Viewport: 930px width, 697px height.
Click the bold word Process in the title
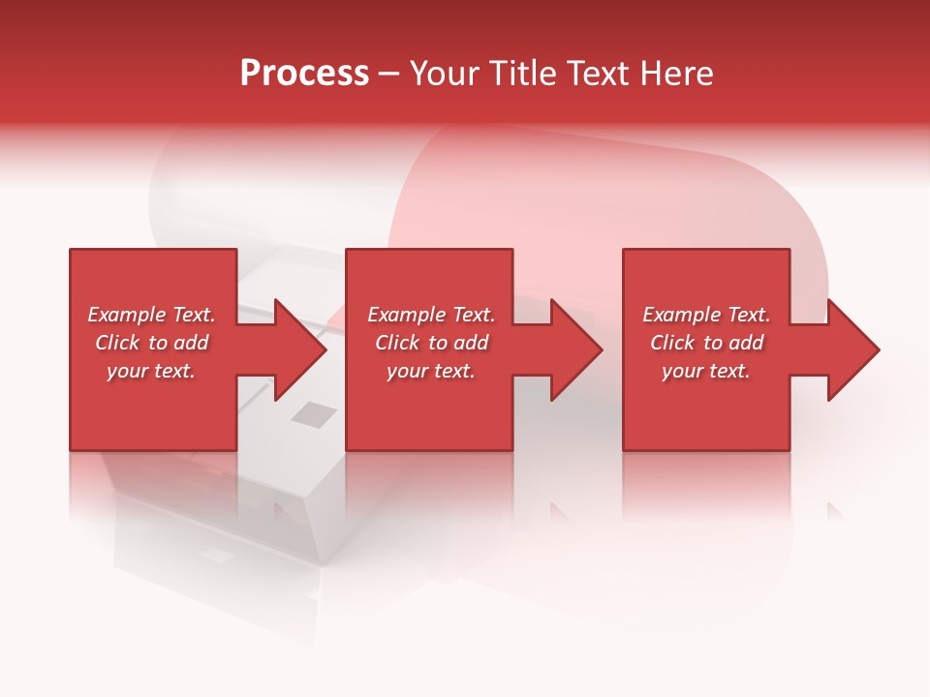point(304,74)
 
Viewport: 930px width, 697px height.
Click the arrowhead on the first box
point(298,349)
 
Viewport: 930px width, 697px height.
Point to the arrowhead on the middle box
point(575,349)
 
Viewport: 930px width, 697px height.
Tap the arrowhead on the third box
point(852,349)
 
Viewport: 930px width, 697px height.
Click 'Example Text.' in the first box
point(151,315)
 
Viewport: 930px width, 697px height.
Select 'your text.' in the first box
point(151,371)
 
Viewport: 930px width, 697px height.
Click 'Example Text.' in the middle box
point(431,315)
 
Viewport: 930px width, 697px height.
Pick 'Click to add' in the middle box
point(431,343)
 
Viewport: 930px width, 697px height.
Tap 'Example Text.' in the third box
point(706,315)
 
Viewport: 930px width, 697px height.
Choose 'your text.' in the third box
point(706,371)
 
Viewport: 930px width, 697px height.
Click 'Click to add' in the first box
point(151,343)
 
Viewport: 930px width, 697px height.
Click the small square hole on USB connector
point(314,414)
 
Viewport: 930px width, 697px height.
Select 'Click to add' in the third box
point(706,343)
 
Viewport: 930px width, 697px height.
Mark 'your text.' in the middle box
point(431,371)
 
